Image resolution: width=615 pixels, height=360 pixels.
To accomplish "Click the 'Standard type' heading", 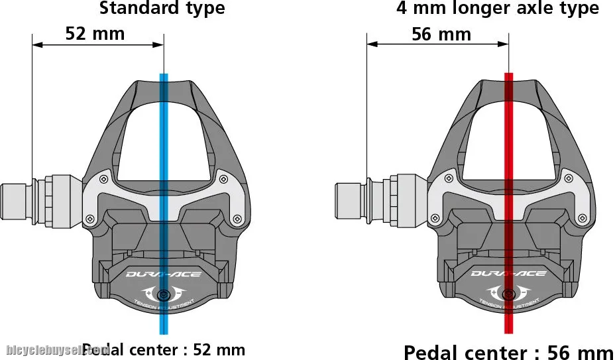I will click(x=162, y=9).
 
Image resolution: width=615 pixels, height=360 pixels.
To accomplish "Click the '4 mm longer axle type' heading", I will click(x=497, y=9).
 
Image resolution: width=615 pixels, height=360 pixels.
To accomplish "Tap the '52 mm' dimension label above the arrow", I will click(x=95, y=33).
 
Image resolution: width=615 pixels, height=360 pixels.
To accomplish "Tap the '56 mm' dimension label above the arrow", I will click(x=441, y=34).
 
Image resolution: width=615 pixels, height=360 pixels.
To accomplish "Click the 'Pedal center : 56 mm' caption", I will click(x=509, y=351).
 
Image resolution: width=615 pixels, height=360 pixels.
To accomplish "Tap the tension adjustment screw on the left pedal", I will click(x=163, y=294).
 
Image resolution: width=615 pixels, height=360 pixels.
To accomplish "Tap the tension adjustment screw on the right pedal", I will click(x=508, y=294).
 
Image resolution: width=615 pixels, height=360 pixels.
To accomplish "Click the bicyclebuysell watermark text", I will click(x=56, y=349).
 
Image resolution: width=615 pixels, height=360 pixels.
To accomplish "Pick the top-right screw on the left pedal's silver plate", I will click(x=223, y=177).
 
